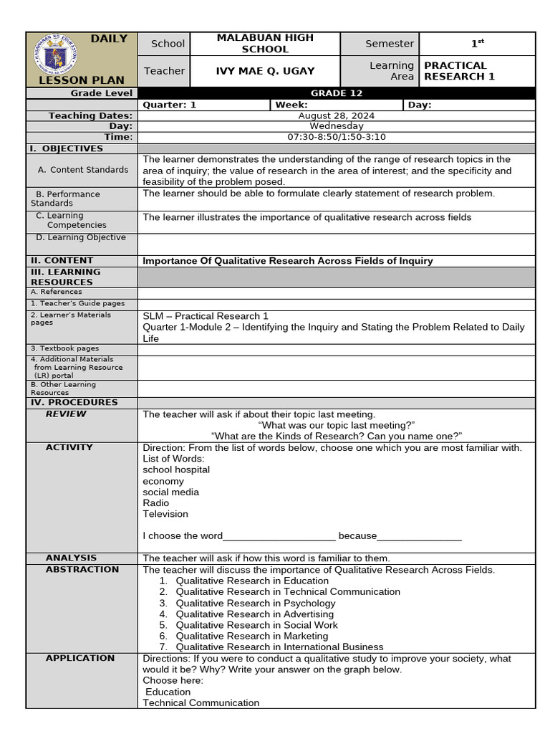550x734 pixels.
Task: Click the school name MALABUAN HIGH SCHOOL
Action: point(265,44)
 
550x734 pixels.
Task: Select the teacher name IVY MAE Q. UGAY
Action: point(265,71)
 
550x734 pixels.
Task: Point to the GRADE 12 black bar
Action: point(336,93)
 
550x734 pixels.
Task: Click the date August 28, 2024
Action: point(336,115)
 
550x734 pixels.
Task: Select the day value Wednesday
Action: point(336,126)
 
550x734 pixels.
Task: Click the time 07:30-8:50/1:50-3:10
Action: point(336,137)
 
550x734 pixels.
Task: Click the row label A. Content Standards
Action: point(83,170)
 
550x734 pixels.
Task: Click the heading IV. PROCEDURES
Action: point(74,402)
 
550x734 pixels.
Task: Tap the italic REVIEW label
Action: point(66,414)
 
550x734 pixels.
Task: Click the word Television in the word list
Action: point(165,514)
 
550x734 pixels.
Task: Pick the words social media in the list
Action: point(171,492)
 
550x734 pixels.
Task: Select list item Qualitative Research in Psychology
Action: point(256,603)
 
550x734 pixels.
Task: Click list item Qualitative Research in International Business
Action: point(279,647)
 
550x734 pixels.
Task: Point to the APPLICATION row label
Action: point(80,658)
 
